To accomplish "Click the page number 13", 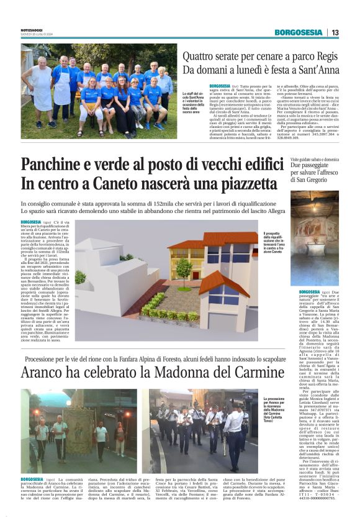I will [x=335, y=32].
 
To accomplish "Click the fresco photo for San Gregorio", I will [x=313, y=238].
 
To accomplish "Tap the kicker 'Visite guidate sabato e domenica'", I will [x=315, y=160].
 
